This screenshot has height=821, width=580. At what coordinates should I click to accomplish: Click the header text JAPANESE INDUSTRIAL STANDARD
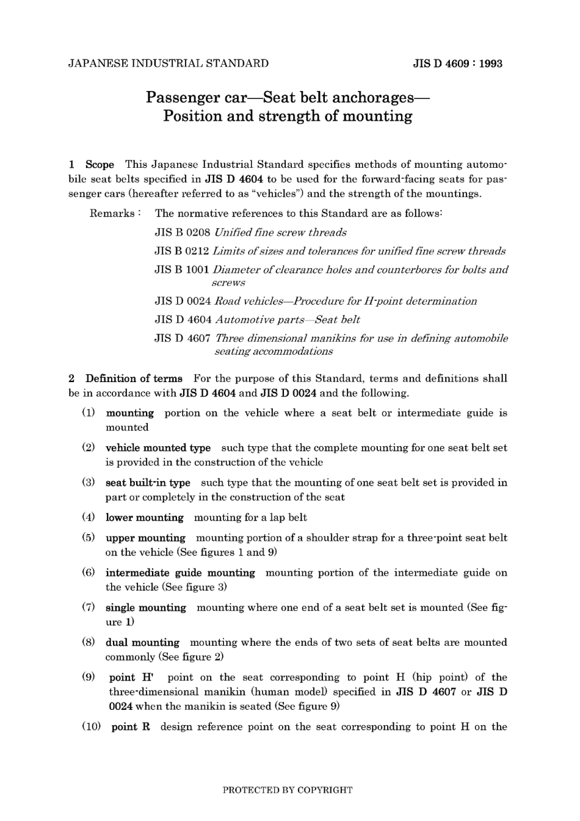tap(169, 63)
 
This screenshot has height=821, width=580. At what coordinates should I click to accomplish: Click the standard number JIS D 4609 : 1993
tap(457, 63)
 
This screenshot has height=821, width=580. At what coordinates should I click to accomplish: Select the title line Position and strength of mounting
tap(288, 116)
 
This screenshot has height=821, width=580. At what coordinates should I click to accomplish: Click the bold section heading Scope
tap(100, 164)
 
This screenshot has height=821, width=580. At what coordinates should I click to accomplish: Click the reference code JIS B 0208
tap(183, 232)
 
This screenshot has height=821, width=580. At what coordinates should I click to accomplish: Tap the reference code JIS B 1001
tap(182, 269)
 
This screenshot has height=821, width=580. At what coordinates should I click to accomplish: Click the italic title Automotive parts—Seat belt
tap(288, 319)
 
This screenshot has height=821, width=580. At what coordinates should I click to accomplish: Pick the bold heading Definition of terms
tap(134, 378)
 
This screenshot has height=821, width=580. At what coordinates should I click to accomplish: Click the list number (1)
tap(89, 413)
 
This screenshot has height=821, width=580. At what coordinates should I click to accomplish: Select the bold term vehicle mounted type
tap(158, 447)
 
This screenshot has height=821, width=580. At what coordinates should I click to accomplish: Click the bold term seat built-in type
tap(148, 482)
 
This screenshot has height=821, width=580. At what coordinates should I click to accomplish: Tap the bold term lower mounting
tap(145, 517)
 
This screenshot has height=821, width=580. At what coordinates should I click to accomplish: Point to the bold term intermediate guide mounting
tap(180, 573)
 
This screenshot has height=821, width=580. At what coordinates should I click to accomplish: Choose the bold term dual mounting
tap(142, 642)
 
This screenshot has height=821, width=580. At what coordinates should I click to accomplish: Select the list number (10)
tap(91, 726)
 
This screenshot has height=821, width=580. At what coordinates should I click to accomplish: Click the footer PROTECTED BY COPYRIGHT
tap(288, 790)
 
